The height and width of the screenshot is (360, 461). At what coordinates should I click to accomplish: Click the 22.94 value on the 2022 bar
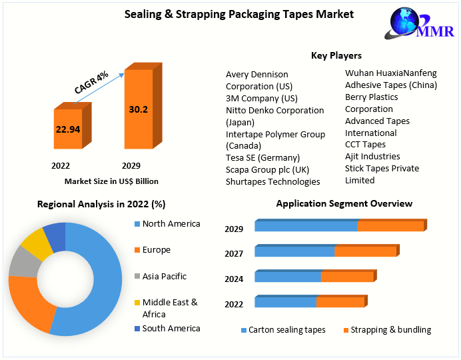[67, 129]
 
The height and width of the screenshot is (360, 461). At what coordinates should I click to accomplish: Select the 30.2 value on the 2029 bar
[138, 109]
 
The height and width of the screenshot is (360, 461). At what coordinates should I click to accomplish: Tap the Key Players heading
[336, 55]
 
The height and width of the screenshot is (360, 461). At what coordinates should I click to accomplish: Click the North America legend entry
[171, 224]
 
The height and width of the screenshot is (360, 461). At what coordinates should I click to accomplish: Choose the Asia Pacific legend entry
[164, 276]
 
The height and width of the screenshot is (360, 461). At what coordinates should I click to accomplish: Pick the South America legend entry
[171, 328]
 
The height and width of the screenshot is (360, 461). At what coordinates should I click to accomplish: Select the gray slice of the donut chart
[23, 264]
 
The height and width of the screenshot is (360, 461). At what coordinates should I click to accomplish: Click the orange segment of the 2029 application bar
[390, 226]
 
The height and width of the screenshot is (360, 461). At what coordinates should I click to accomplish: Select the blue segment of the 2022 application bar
[285, 302]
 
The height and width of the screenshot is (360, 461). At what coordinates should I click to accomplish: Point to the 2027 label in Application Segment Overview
[234, 254]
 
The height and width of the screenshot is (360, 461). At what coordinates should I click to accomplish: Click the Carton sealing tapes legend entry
[286, 330]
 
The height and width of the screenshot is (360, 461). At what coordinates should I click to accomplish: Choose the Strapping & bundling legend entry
[390, 330]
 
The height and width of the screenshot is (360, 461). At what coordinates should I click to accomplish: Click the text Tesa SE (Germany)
[263, 157]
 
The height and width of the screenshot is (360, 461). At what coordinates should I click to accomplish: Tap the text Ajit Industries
[372, 157]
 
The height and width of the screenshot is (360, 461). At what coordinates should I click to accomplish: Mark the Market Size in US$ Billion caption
[111, 181]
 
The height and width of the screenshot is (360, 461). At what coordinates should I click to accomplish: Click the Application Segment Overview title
[344, 203]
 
